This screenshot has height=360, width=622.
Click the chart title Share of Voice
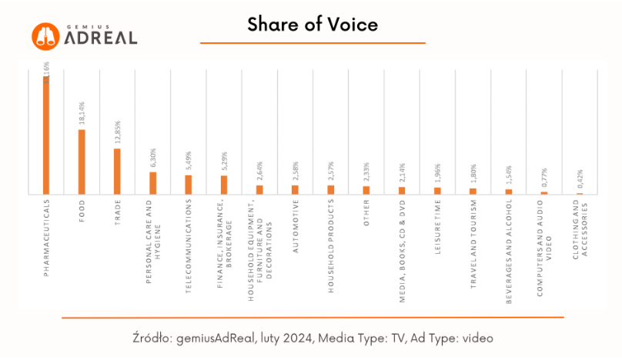coord(312,25)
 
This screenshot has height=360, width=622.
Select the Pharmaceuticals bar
coord(46,135)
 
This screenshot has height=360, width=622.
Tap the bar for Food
coord(82,162)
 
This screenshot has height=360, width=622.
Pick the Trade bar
coord(117,171)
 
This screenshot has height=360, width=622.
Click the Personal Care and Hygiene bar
coord(152,183)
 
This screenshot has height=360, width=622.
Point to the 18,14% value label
coord(82,114)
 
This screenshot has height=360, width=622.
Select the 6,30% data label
coord(152,158)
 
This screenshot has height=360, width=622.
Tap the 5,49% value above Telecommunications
coord(189,162)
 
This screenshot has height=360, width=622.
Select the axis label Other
coord(366,214)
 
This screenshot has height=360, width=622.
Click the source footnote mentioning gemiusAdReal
coord(312,338)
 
